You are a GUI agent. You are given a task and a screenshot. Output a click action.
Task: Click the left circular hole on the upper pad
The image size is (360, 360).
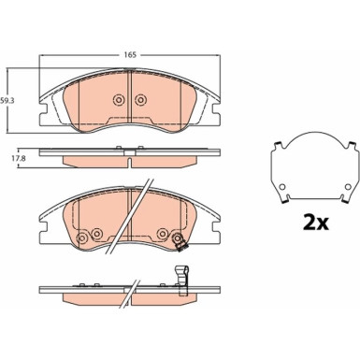[x=119, y=101]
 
